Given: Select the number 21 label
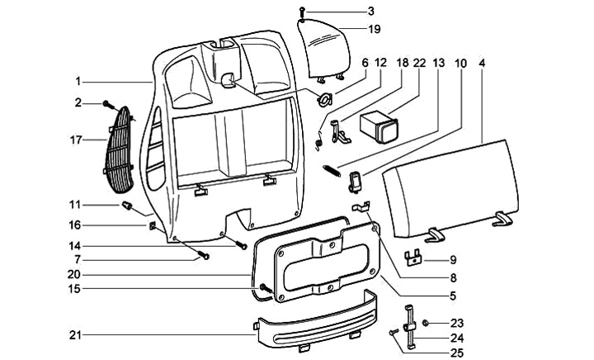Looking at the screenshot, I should coord(75,334).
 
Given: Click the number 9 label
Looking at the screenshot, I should coord(452,260).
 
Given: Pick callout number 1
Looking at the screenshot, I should coord(80,82).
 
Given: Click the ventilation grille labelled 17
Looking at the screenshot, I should coord(122,149).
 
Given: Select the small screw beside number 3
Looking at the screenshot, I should coord(304,11).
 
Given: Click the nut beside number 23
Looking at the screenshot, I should coord(426,322).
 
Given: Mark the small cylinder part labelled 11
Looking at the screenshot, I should coord(128,204).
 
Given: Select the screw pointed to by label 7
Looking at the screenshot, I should coord(204,256).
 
